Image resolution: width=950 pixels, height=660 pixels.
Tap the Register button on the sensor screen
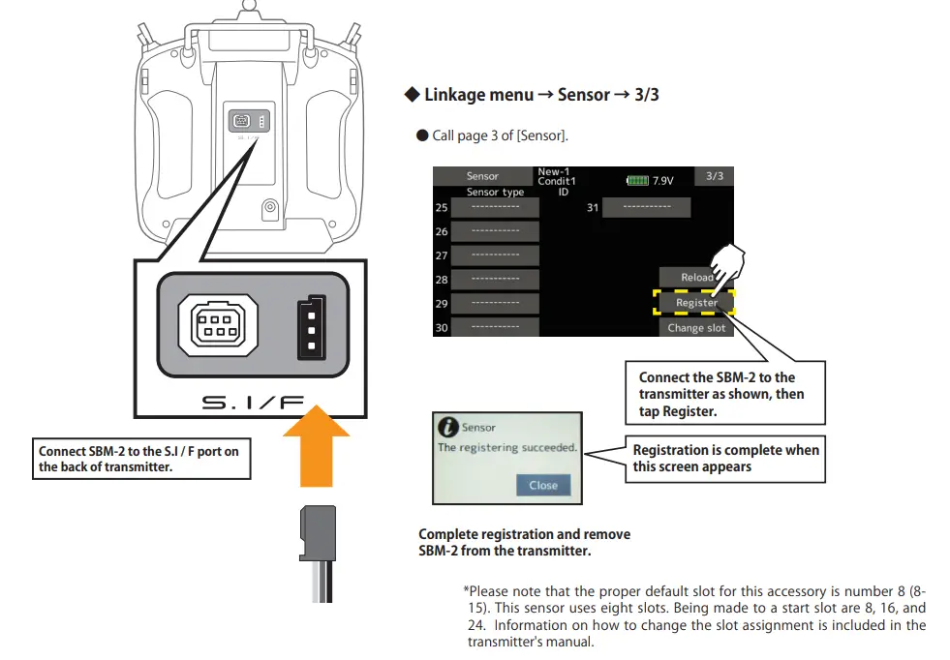(696, 303)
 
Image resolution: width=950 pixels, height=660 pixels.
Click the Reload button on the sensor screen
(696, 278)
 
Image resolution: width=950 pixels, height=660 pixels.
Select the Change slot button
(696, 328)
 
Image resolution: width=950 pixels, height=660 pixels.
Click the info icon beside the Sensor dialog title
(448, 427)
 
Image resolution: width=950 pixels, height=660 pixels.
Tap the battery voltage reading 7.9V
(662, 181)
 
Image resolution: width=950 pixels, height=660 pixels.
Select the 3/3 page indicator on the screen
(715, 176)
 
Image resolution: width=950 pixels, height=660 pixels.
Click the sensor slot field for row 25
(495, 208)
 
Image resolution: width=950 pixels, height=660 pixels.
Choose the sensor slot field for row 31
(646, 208)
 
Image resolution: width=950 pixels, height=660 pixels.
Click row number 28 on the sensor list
(442, 280)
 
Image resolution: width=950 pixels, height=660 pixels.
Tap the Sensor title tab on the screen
(482, 176)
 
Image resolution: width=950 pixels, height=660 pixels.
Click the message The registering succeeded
(506, 448)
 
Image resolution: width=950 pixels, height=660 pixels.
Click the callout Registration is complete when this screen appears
(725, 458)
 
